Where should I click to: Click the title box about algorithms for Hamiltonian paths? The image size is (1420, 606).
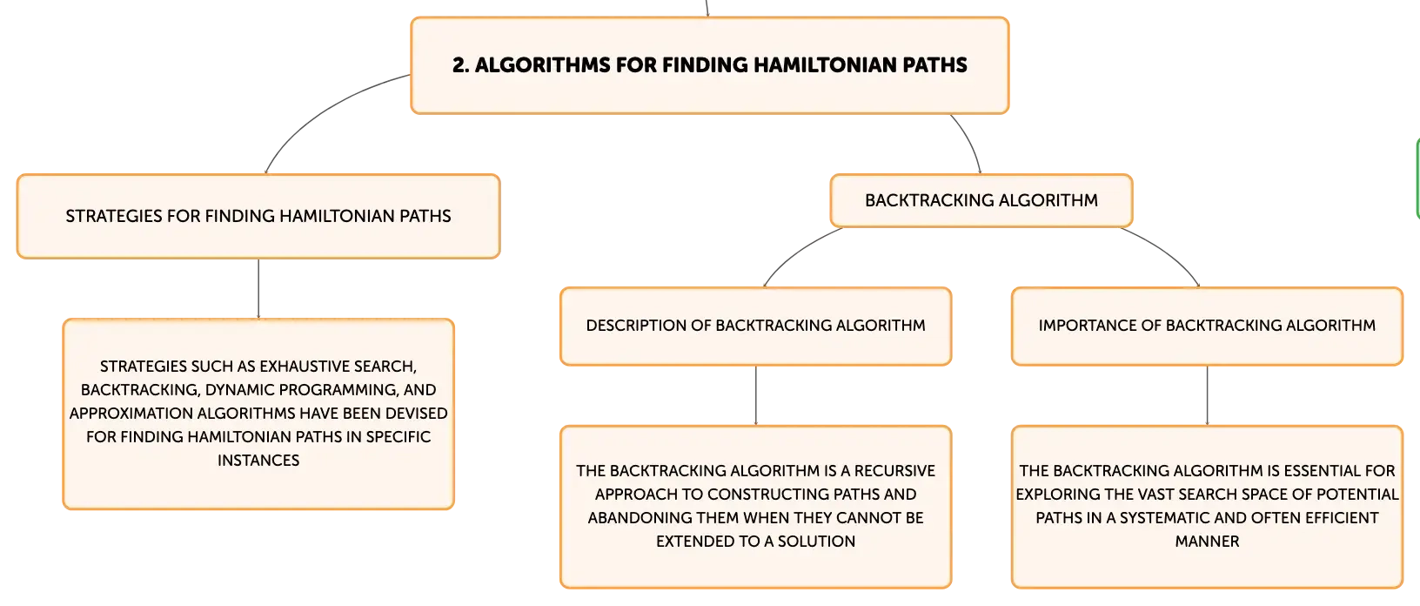pyautogui.click(x=709, y=65)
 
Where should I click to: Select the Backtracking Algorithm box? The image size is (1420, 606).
pyautogui.click(x=981, y=200)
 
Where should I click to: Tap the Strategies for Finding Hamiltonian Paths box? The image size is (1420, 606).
pyautogui.click(x=258, y=217)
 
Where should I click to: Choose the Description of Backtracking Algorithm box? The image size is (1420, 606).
pyautogui.click(x=755, y=327)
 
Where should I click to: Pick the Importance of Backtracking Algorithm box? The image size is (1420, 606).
pyautogui.click(x=1207, y=327)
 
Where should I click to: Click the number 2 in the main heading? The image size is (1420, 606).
pyautogui.click(x=459, y=65)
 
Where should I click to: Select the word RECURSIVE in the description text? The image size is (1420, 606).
pyautogui.click(x=894, y=471)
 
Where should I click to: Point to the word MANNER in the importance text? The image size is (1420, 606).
pyautogui.click(x=1207, y=542)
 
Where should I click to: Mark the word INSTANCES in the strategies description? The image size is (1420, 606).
pyautogui.click(x=258, y=461)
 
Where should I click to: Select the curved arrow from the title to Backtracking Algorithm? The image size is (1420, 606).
pyautogui.click(x=971, y=140)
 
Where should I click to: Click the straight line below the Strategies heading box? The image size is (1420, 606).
pyautogui.click(x=258, y=289)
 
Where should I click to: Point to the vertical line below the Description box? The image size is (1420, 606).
pyautogui.click(x=755, y=395)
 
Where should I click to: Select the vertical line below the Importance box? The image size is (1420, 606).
pyautogui.click(x=1207, y=395)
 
